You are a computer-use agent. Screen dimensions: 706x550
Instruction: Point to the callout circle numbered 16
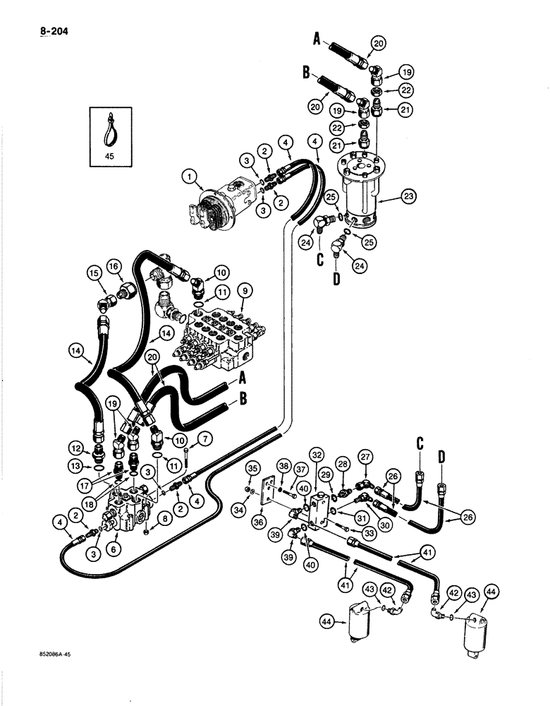115,267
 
